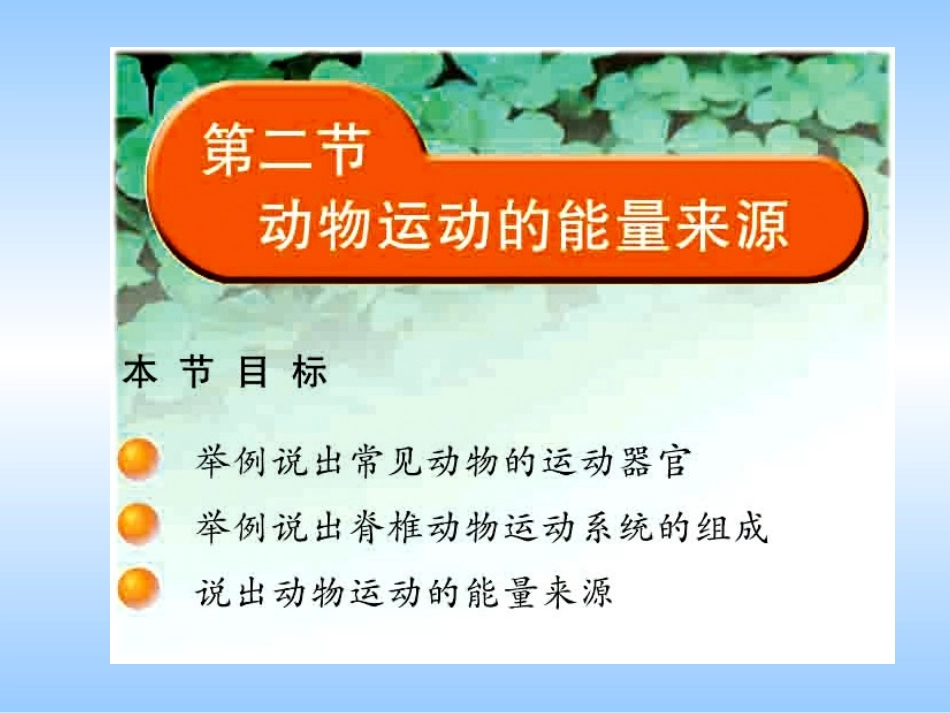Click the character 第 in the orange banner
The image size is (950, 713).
pos(228,151)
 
